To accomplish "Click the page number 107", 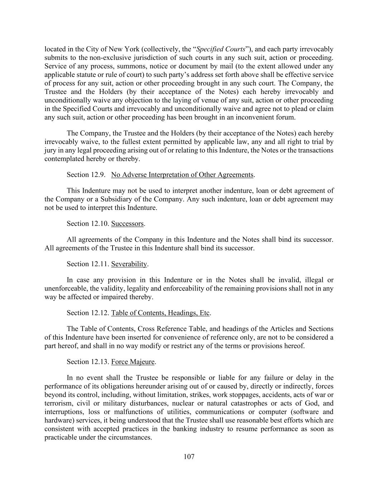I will click(x=189, y=456).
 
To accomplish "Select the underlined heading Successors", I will click(x=128, y=224).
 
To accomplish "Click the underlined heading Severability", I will click(x=129, y=264).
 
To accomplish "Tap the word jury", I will click(x=50, y=150).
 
